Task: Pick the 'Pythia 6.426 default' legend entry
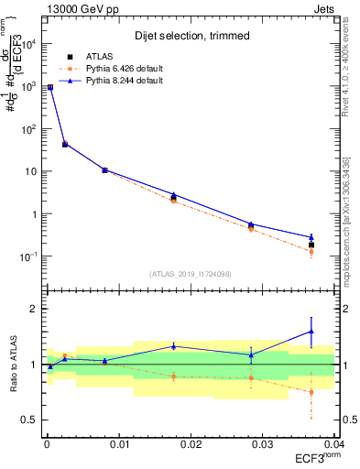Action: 117,69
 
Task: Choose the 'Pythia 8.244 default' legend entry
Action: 117,81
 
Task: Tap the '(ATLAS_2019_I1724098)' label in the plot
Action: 191,273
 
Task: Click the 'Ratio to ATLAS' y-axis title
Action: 12,364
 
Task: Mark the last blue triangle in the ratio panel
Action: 311,332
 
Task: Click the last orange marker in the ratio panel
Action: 311,392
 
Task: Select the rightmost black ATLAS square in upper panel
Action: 311,245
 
